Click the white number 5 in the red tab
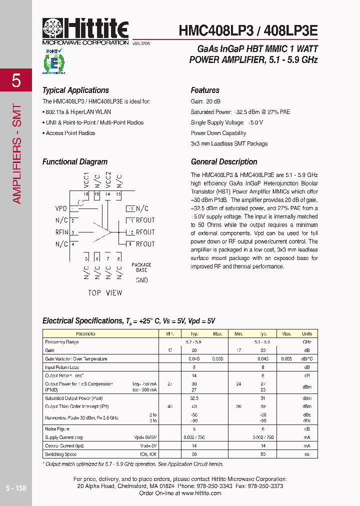coord(16,80)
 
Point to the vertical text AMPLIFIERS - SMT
coord(16,153)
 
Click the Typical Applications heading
coord(75,90)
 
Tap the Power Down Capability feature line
coord(218,133)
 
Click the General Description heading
coord(224,162)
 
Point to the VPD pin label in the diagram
coord(61,208)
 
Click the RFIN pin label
coord(62,232)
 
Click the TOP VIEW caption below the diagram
coord(105,292)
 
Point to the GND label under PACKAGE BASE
coord(141,280)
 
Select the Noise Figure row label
coord(57,428)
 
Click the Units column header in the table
coord(306,333)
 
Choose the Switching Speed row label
coord(61,454)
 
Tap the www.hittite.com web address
coord(201,493)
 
